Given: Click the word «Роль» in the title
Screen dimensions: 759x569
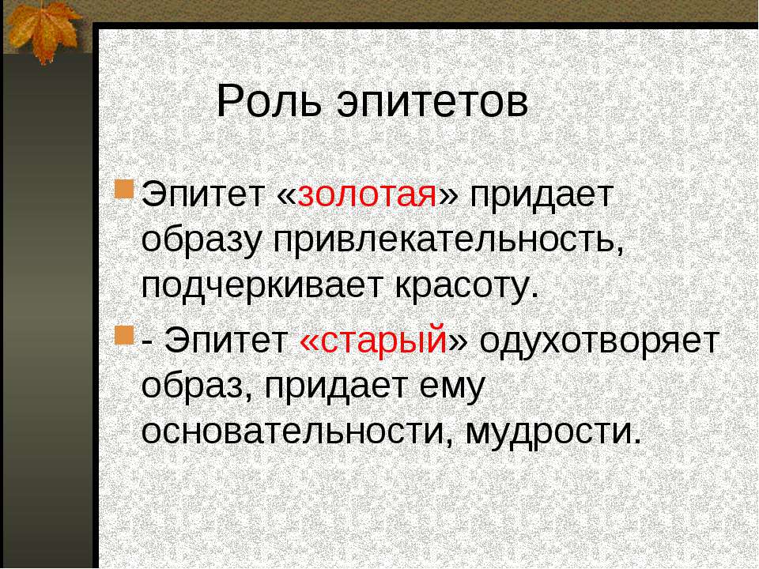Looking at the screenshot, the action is [269, 101].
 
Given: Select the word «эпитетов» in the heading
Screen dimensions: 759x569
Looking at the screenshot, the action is [432, 103].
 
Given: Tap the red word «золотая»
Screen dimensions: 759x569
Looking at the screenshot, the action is [368, 196].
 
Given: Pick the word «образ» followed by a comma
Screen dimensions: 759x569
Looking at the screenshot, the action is [197, 386].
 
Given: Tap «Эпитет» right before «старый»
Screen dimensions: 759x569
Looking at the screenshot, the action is [226, 340].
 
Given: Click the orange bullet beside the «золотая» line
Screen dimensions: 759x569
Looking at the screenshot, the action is [124, 189].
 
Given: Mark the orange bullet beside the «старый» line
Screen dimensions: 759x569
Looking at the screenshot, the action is [124, 335].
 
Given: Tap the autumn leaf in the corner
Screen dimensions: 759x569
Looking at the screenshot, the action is [43, 29].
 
